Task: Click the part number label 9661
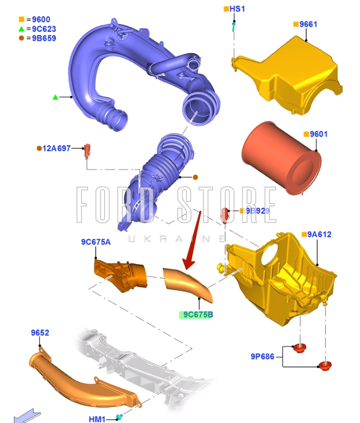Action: click(308, 24)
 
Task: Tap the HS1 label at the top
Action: click(237, 9)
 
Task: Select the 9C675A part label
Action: click(96, 242)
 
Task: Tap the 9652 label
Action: click(40, 333)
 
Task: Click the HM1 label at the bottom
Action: click(97, 419)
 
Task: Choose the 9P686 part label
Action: click(263, 356)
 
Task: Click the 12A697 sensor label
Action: click(57, 148)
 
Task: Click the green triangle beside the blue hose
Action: click(55, 97)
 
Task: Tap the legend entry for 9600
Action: click(38, 20)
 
